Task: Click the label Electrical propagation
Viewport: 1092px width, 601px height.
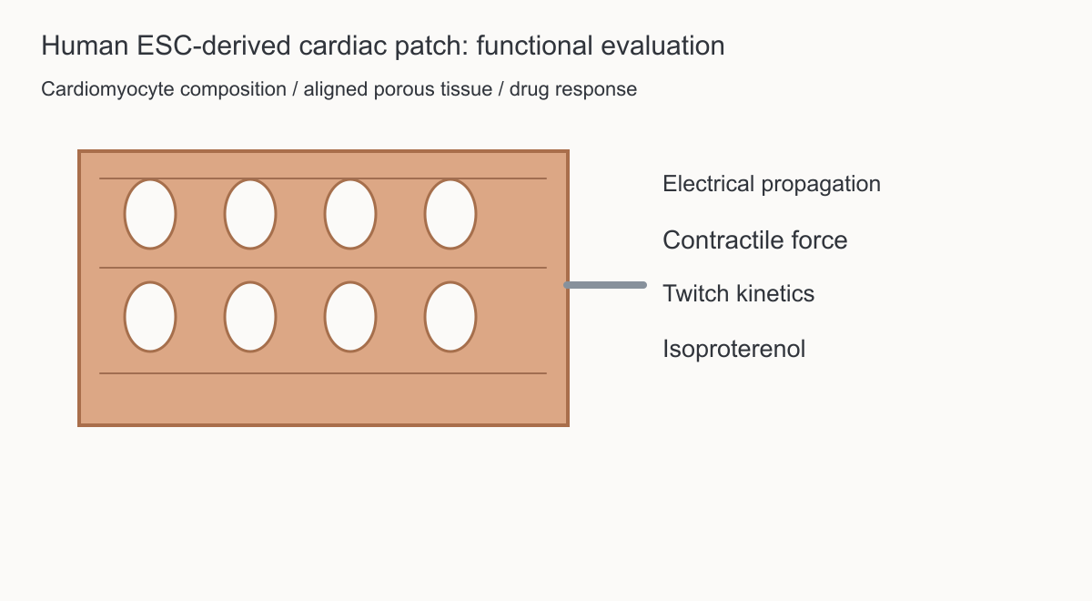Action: pos(772,184)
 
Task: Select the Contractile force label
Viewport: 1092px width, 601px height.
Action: pos(755,240)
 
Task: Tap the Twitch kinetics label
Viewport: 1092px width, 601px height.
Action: pos(739,293)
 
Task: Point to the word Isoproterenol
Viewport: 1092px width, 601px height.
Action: pos(733,350)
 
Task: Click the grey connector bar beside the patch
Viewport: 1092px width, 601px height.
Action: pos(605,285)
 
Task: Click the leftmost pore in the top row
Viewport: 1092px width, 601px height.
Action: pos(150,214)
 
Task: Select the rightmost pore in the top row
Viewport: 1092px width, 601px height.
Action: pos(450,214)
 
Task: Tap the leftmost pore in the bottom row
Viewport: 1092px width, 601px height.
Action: pos(150,317)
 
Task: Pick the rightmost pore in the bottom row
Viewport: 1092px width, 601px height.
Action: pos(450,317)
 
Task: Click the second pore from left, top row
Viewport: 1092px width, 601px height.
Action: pos(250,214)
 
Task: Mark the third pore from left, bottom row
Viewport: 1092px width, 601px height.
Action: pos(350,317)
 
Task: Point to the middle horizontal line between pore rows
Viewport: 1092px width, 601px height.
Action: pos(323,268)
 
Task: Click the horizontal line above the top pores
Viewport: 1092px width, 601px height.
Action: pos(323,178)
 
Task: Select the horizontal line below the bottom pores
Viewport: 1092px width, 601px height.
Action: pos(323,373)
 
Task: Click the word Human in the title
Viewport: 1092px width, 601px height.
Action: pos(85,46)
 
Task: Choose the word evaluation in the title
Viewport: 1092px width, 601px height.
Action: pos(662,46)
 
